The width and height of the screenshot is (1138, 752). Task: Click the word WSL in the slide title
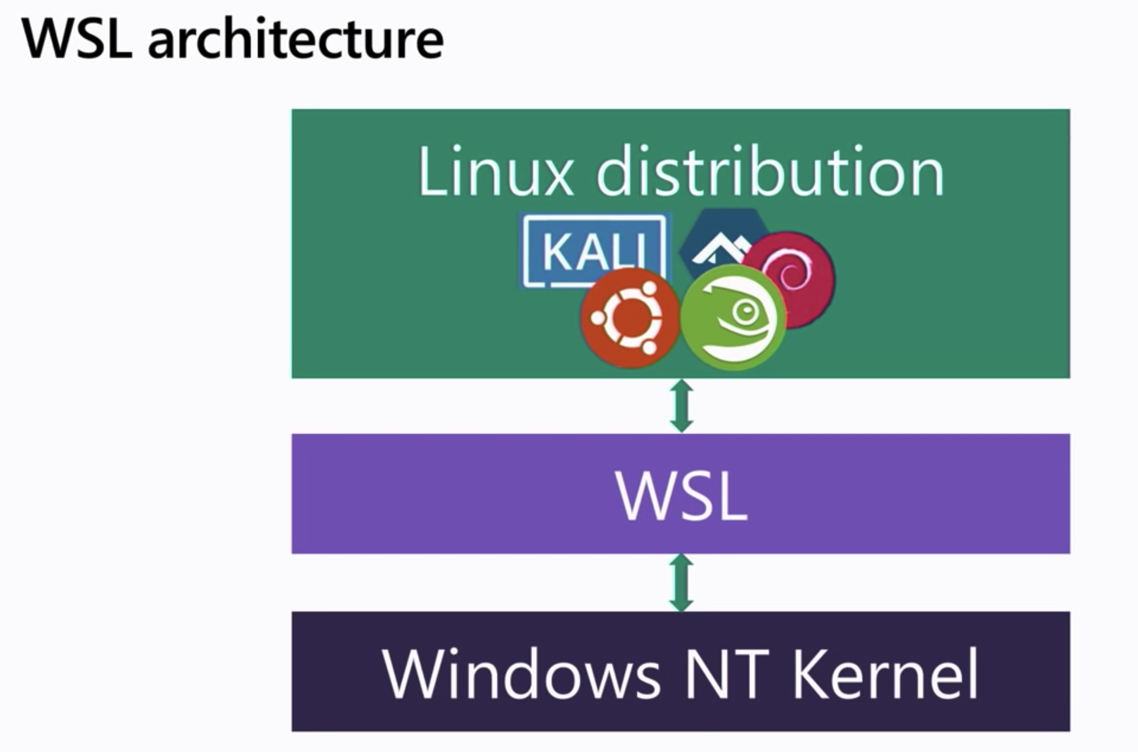(77, 39)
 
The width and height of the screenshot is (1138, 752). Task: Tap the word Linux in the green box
(496, 172)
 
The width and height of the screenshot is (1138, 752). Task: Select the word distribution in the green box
(770, 171)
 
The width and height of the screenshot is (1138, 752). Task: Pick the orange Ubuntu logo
(630, 318)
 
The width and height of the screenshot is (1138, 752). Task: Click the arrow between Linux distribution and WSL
(681, 406)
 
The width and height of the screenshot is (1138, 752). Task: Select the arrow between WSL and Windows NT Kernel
(681, 583)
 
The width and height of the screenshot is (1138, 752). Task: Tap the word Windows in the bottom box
(521, 675)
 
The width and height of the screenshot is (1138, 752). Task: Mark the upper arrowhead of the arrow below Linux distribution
(681, 388)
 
